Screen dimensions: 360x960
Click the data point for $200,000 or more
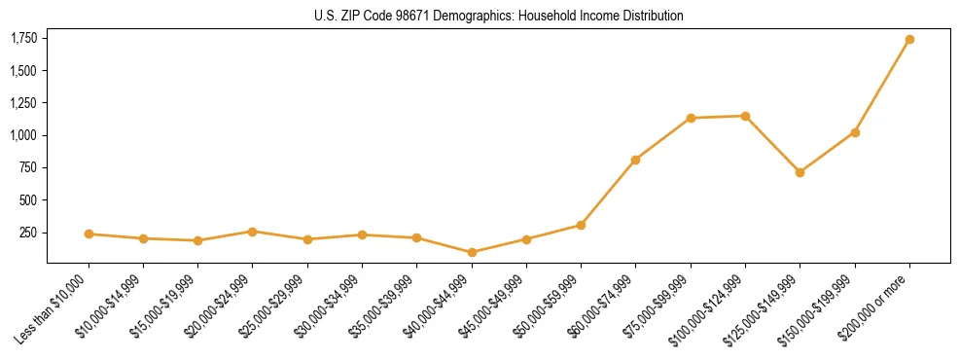[x=909, y=40]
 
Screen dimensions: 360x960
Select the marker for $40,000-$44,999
[x=472, y=252]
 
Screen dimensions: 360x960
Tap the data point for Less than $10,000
[x=89, y=234]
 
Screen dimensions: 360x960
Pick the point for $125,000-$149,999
[x=800, y=172]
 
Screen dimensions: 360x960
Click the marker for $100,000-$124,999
[x=745, y=116]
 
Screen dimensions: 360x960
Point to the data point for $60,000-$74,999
[x=635, y=160]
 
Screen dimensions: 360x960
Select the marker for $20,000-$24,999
[x=253, y=232]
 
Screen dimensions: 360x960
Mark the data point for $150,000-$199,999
[x=855, y=132]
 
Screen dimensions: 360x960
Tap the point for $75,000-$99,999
[x=691, y=118]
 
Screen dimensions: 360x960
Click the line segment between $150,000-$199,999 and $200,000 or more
[x=882, y=86]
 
